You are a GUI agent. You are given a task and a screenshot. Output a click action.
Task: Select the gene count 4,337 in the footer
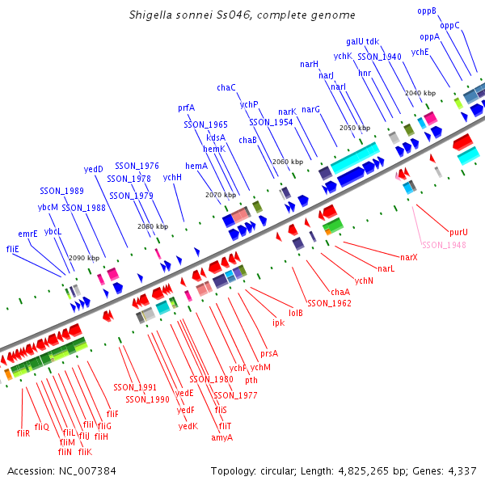pyautogui.click(x=461, y=470)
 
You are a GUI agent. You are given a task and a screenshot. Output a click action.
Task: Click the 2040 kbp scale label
pyautogui.click(x=420, y=94)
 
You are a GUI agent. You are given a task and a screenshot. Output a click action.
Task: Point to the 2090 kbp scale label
pyautogui.click(x=83, y=258)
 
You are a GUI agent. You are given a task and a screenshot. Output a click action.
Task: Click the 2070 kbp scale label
pyautogui.click(x=221, y=195)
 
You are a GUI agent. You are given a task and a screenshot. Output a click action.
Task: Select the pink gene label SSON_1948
pyautogui.click(x=444, y=245)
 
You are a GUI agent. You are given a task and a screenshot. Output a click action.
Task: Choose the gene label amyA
pyautogui.click(x=221, y=437)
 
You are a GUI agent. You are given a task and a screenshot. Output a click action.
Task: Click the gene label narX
pyautogui.click(x=408, y=256)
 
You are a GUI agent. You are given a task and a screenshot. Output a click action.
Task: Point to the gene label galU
pyautogui.click(x=355, y=41)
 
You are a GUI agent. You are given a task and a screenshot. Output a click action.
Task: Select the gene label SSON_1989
pyautogui.click(x=61, y=191)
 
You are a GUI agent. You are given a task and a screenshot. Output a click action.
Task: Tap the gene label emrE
pyautogui.click(x=28, y=234)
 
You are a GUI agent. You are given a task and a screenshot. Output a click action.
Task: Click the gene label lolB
pyautogui.click(x=296, y=312)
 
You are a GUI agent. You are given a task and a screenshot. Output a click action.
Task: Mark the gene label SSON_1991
pyautogui.click(x=135, y=388)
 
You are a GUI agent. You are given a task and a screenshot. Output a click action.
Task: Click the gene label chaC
pyautogui.click(x=226, y=87)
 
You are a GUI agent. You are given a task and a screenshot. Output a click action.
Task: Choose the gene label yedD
pyautogui.click(x=94, y=169)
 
